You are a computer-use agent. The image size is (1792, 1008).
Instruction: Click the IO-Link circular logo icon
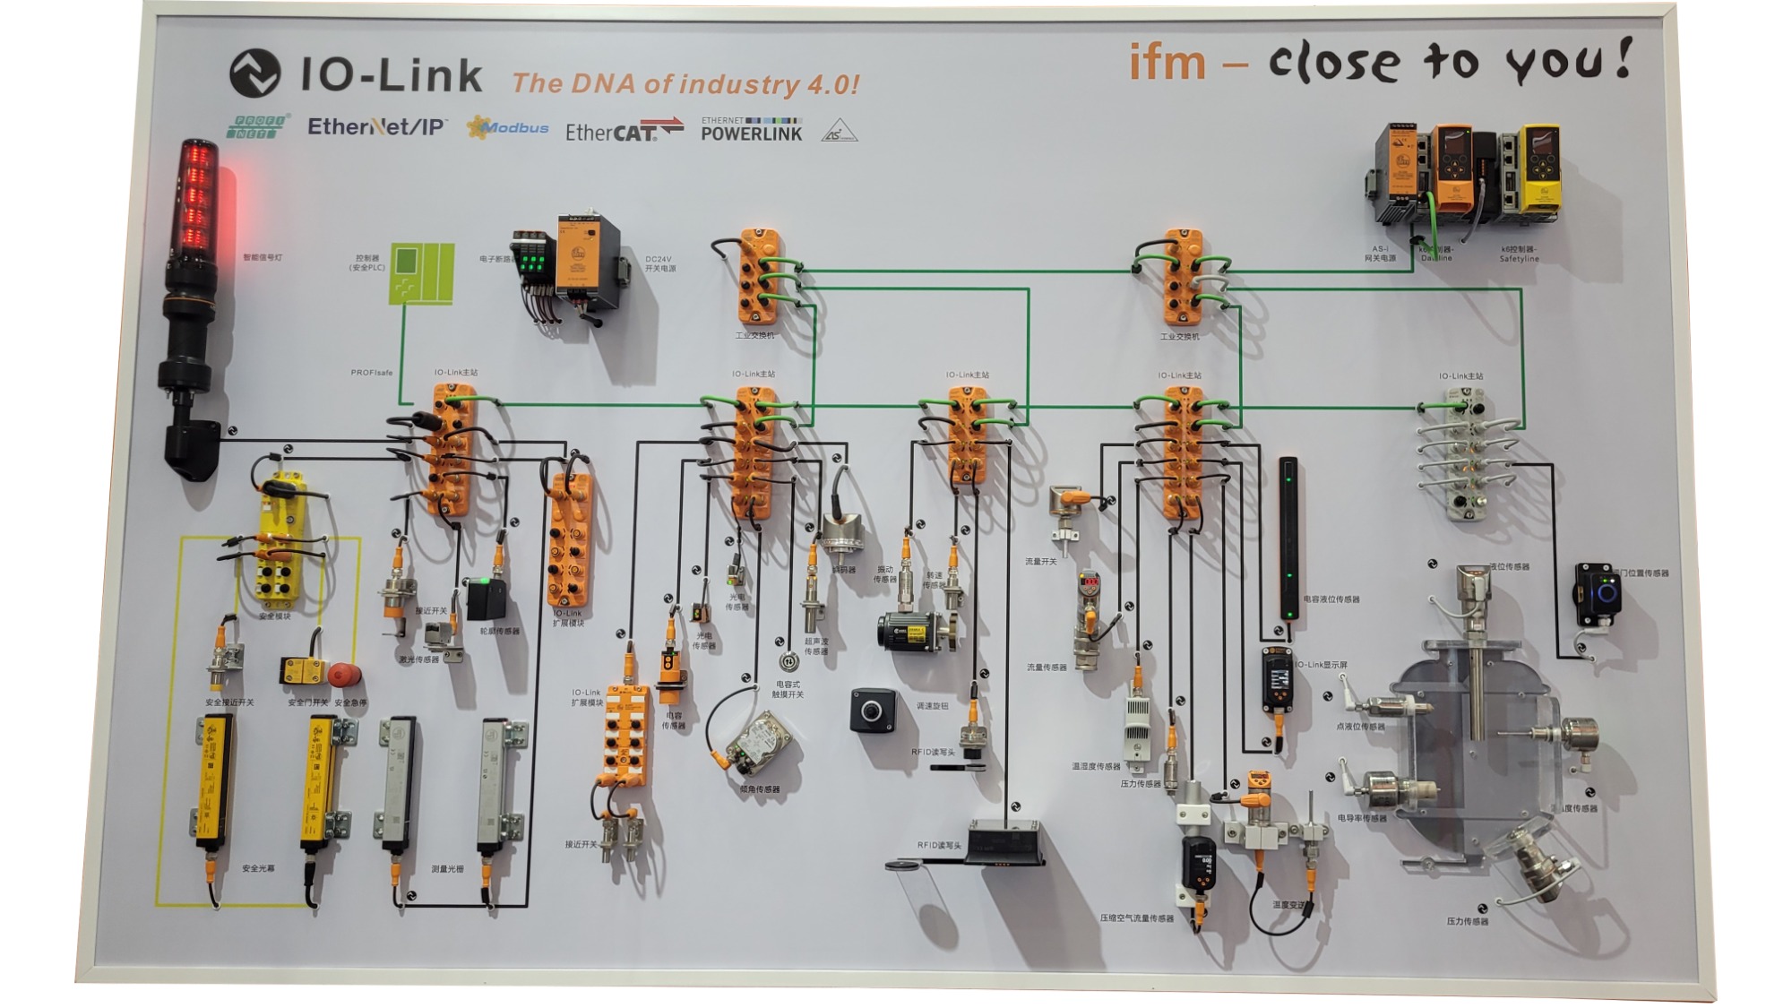(254, 73)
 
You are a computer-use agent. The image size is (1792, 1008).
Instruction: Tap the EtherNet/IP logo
(376, 127)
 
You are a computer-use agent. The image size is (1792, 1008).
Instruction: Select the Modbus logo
(508, 128)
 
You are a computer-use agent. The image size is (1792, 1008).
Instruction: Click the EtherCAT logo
(624, 131)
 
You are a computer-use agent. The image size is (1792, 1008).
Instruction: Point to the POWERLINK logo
(751, 130)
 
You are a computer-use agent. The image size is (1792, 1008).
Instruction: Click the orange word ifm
(1167, 63)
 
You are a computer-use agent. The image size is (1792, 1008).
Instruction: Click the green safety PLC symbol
(421, 272)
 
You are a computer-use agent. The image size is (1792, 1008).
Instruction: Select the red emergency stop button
(344, 675)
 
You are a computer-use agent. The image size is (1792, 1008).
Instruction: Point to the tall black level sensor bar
(1288, 538)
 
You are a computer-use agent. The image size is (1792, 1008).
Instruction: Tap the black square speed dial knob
(871, 711)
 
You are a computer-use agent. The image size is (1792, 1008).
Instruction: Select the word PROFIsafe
(371, 373)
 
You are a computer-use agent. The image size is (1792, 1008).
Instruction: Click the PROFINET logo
(258, 126)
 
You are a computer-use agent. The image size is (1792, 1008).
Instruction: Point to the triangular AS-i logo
(839, 131)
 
